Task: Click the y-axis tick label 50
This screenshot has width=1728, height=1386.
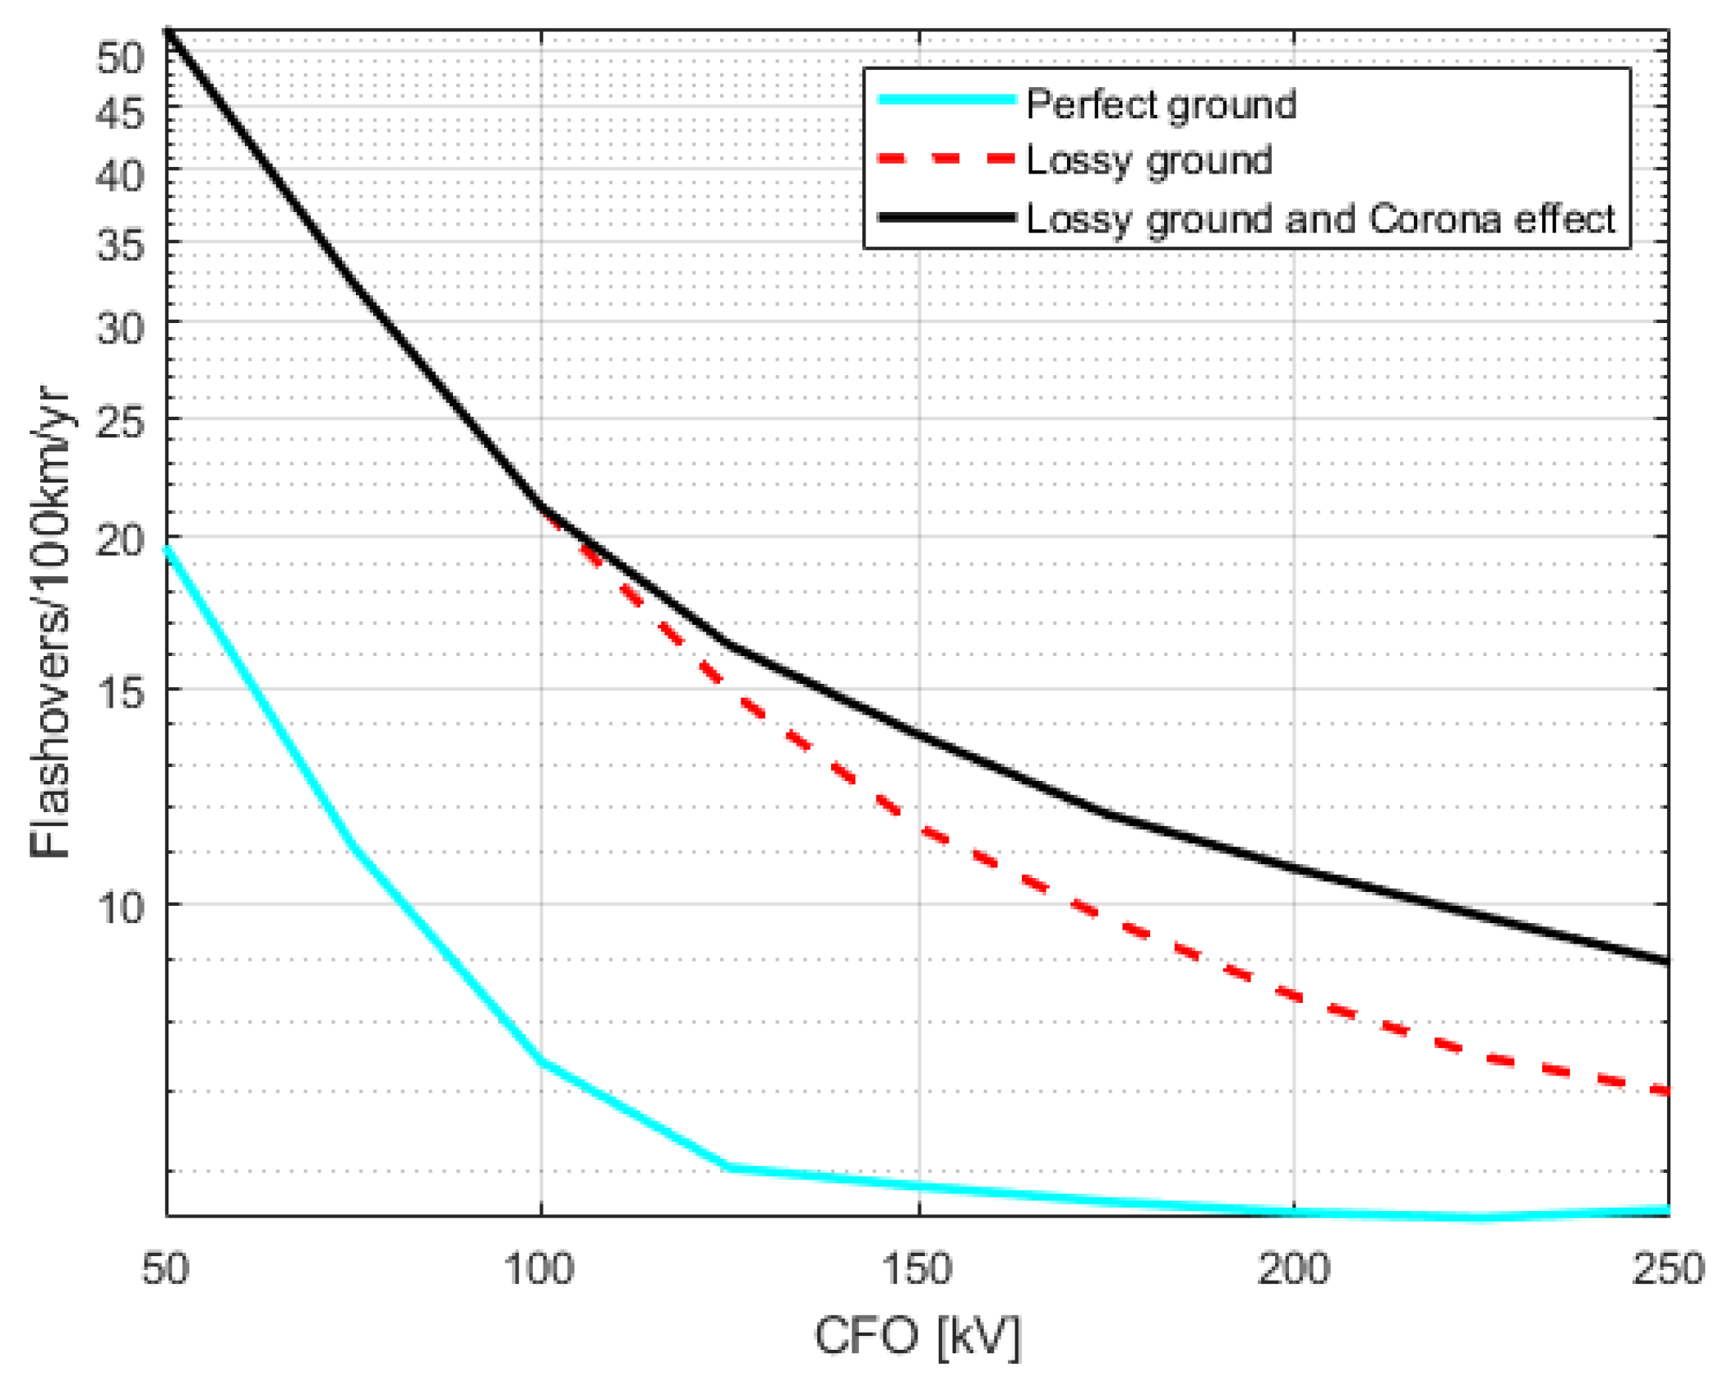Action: pos(120,58)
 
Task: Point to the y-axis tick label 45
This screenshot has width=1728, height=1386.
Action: pos(120,111)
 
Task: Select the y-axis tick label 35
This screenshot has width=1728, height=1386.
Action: pos(120,244)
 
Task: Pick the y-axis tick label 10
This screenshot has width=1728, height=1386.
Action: pos(120,908)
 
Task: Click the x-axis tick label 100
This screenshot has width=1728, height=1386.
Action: pos(539,1268)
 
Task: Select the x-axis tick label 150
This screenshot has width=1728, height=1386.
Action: pos(917,1268)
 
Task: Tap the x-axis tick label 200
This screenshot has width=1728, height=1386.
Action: pos(1293,1268)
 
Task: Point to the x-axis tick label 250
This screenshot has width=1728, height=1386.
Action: pos(1668,1268)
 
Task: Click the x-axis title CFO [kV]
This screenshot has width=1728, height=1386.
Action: pos(917,1336)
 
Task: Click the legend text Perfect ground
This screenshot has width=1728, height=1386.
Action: pos(1161,104)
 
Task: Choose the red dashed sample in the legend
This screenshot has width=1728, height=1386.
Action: pos(945,159)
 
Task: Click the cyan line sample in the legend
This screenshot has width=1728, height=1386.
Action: pos(945,99)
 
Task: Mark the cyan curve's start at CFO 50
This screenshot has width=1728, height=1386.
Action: pos(168,549)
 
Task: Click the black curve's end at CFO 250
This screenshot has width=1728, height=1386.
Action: pos(1666,961)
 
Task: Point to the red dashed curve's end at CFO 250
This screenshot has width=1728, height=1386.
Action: pos(1666,1091)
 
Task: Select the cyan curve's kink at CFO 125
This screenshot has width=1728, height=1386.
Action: pos(728,1167)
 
